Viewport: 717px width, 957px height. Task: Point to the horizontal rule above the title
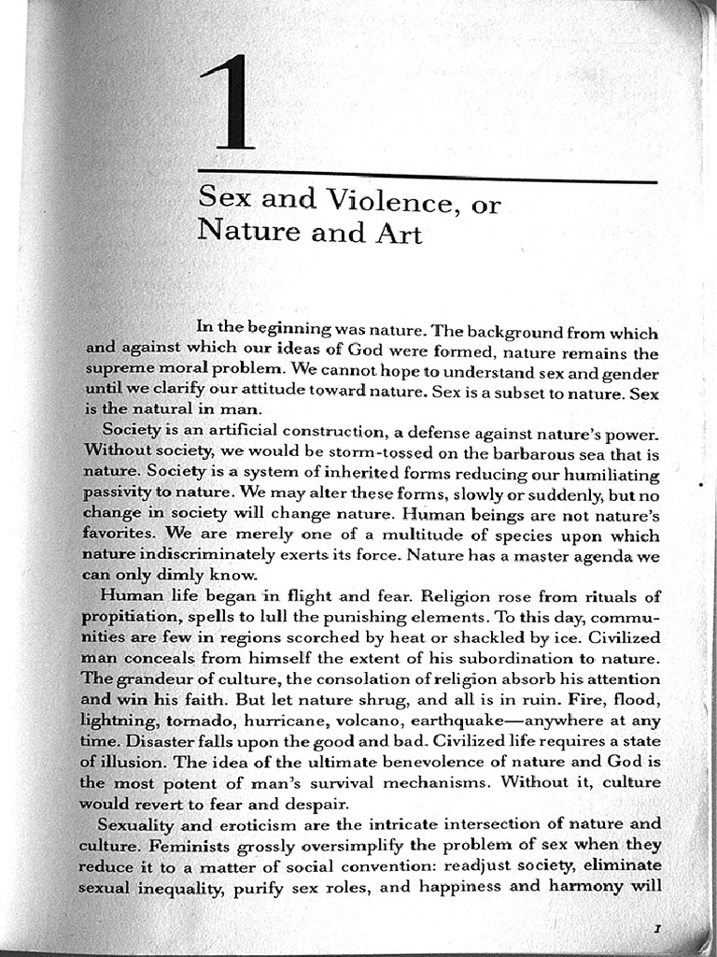tap(428, 177)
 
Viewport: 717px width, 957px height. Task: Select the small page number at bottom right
tap(657, 928)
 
